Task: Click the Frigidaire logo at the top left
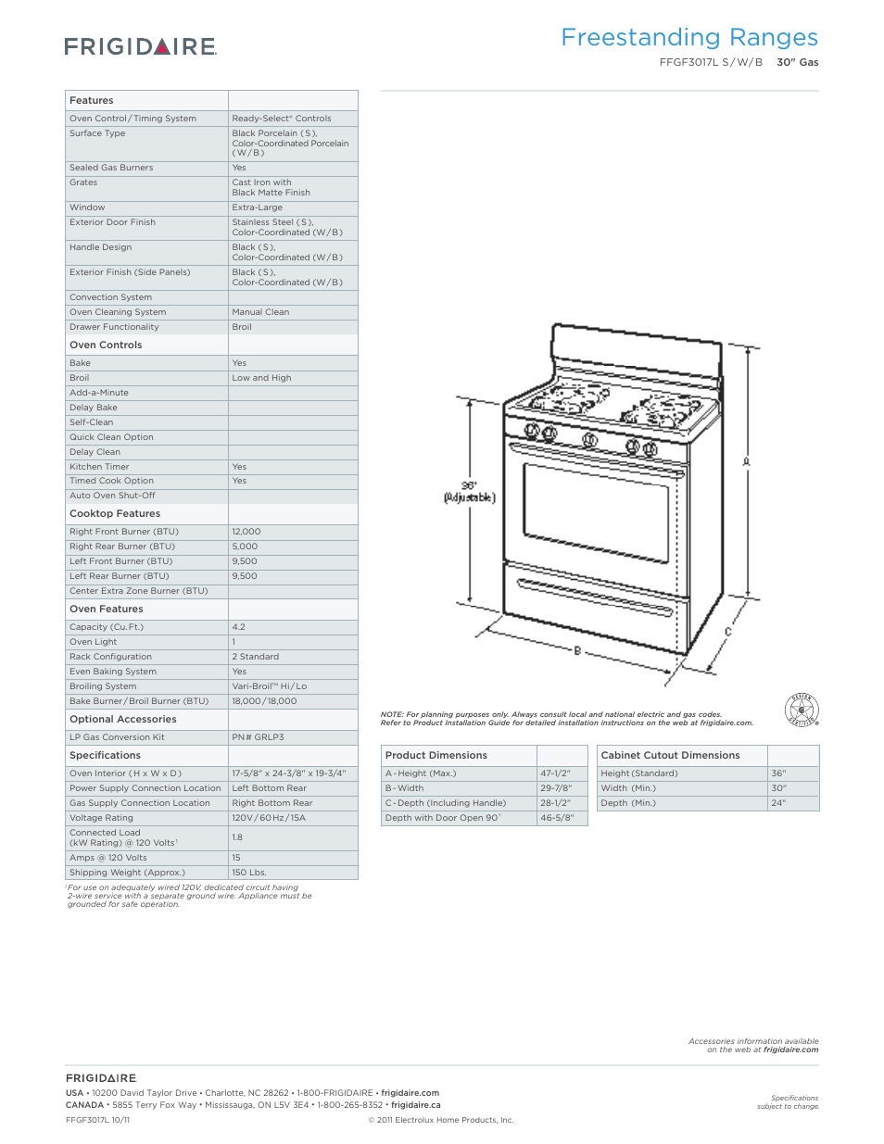click(140, 46)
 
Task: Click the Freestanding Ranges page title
click(688, 38)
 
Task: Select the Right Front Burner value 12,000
click(246, 532)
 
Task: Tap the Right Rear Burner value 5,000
click(245, 547)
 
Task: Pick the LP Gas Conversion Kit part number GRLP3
click(258, 737)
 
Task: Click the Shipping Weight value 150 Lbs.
click(249, 873)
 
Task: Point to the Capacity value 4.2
click(239, 627)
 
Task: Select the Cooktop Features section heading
click(115, 514)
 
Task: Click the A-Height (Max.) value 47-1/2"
click(556, 773)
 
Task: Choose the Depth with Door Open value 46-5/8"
click(558, 818)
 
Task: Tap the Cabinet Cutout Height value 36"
click(778, 773)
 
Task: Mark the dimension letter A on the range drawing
click(746, 461)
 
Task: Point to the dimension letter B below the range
click(577, 651)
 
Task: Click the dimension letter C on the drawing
click(727, 632)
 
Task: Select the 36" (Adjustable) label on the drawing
click(469, 492)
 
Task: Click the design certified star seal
click(802, 710)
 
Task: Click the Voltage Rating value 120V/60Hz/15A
click(269, 818)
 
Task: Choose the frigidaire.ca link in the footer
click(416, 1105)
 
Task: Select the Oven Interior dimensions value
click(289, 773)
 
